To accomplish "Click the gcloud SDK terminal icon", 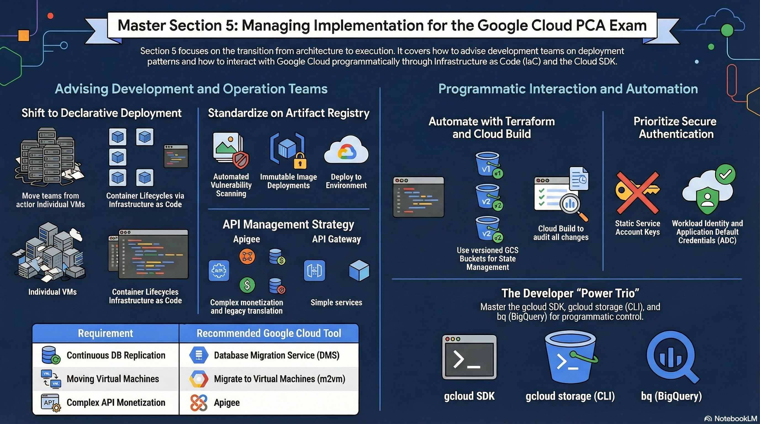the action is click(469, 357).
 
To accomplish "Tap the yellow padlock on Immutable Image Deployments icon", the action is click(300, 161).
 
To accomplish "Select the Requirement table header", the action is click(105, 333).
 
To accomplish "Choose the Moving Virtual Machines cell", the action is click(105, 379).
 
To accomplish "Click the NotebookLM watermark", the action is click(731, 418).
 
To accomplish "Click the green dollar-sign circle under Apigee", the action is click(247, 285).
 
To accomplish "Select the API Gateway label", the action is click(336, 239).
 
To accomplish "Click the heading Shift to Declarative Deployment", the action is click(102, 113).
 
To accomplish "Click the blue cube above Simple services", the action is click(359, 270).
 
